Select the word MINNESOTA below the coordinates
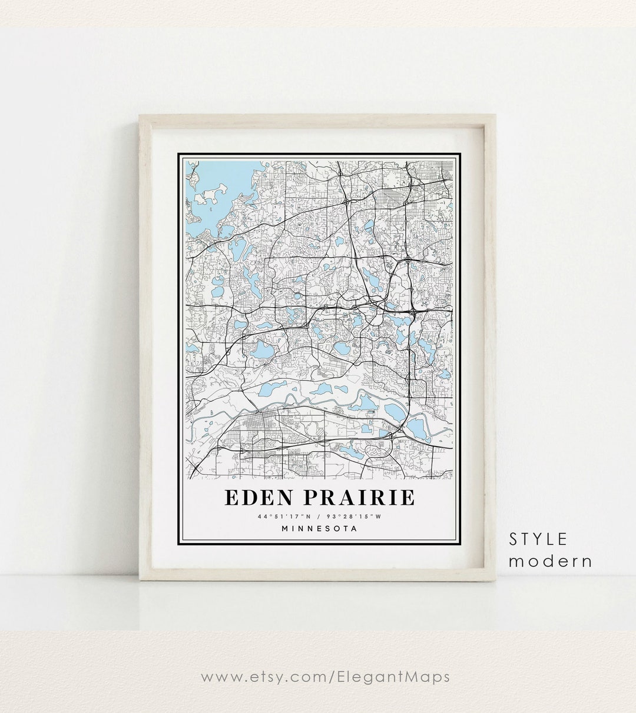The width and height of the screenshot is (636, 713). (x=319, y=528)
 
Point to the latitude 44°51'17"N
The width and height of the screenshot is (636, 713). (x=280, y=517)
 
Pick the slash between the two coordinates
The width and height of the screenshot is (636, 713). (x=318, y=517)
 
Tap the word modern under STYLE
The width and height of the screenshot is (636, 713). (x=551, y=561)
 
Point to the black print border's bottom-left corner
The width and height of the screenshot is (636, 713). (x=178, y=545)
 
